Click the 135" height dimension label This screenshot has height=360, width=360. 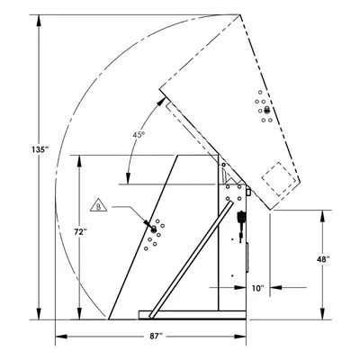tap(40, 149)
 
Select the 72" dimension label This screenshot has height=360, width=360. tap(80, 231)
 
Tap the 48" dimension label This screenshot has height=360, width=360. tap(323, 259)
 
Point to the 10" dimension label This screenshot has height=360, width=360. tap(258, 288)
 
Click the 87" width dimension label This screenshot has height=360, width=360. tap(156, 337)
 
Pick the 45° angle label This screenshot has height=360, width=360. tap(139, 135)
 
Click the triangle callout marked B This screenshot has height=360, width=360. tap(98, 205)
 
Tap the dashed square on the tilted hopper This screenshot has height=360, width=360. tap(278, 179)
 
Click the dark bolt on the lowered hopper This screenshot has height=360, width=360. tap(154, 229)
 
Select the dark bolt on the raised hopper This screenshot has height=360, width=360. tap(266, 111)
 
